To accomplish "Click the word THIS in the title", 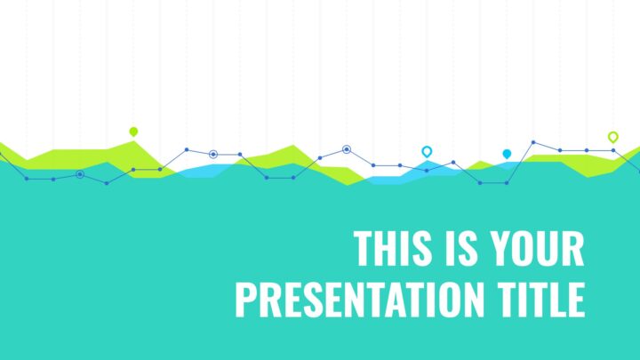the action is coord(392,248).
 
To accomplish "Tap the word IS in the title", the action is coord(460,248).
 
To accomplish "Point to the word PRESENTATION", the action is coord(359,300).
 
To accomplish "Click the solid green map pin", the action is coord(133,132).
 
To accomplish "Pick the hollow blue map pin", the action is coord(427,152).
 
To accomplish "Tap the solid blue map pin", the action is coord(507,154).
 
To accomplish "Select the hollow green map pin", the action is coord(612,137).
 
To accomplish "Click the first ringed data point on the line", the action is coord(80,175).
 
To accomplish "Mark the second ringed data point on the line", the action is coord(213,155).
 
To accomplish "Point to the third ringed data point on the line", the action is coord(347,149).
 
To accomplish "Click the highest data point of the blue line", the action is coord(533,142).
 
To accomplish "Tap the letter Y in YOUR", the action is coord(500,248).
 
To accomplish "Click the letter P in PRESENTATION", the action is coord(245,300).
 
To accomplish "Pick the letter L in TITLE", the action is coord(557,300).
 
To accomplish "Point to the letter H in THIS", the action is coord(384,248).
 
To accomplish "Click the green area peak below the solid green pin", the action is coord(133,141).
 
